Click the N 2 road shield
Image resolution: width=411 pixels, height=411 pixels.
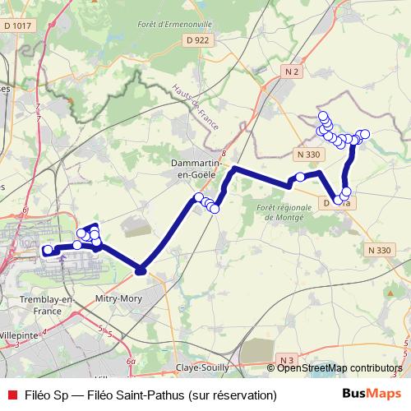click(x=290, y=72)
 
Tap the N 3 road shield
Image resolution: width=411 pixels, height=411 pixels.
click(x=286, y=360)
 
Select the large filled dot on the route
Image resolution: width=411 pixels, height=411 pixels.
click(x=141, y=269)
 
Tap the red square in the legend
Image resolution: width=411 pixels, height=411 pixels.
click(x=12, y=395)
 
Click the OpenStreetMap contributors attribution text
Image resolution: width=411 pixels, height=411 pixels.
click(x=339, y=368)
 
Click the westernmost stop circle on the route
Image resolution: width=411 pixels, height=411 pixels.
click(x=48, y=250)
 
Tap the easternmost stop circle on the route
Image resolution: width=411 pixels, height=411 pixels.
click(x=365, y=134)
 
